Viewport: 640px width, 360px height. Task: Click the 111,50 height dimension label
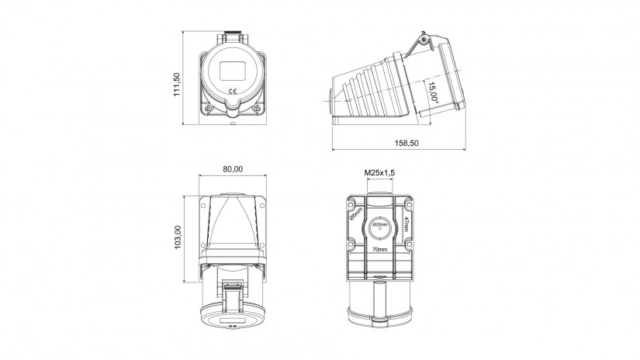pyautogui.click(x=177, y=85)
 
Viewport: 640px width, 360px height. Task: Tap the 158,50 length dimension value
pyautogui.click(x=406, y=143)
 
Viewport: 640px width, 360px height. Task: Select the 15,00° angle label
pyautogui.click(x=433, y=92)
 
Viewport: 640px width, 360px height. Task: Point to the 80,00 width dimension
pyautogui.click(x=233, y=169)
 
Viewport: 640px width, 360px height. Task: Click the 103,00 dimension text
pyautogui.click(x=178, y=237)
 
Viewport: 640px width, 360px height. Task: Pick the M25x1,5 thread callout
pyautogui.click(x=379, y=173)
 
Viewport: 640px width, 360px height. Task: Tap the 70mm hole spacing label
pyautogui.click(x=379, y=249)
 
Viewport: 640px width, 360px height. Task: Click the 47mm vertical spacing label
pyautogui.click(x=406, y=224)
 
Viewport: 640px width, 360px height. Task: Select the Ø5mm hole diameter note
pyautogui.click(x=356, y=214)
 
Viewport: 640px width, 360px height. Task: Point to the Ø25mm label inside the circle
pyautogui.click(x=380, y=224)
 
